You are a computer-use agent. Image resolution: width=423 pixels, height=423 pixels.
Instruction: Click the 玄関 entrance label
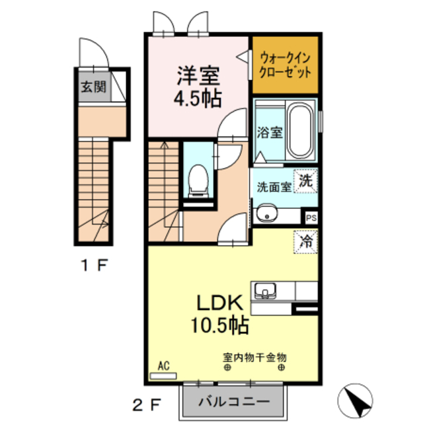(93, 87)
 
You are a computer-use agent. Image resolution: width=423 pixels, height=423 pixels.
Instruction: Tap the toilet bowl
(197, 180)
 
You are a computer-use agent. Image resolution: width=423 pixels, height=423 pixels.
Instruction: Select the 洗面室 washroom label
(274, 186)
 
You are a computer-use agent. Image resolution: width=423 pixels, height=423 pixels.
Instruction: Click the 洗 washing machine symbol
(305, 180)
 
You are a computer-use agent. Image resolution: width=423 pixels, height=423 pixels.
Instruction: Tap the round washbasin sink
(268, 214)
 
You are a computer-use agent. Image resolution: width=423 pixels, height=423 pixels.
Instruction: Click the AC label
(165, 364)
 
